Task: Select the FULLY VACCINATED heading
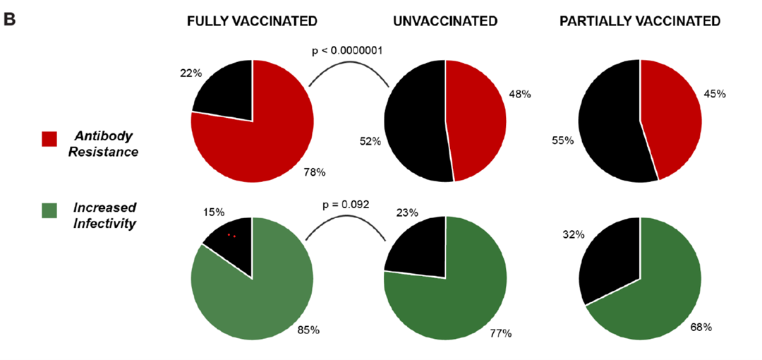point(252,21)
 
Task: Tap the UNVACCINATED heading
point(446,21)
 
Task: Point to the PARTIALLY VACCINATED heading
point(640,21)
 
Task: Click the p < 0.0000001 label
point(349,51)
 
